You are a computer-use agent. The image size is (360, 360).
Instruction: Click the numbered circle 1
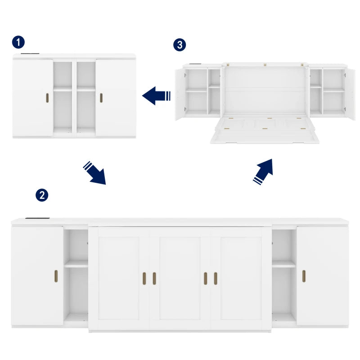click(x=18, y=43)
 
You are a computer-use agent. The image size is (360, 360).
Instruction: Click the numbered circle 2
click(x=41, y=195)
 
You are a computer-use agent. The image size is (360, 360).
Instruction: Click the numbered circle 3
click(x=180, y=45)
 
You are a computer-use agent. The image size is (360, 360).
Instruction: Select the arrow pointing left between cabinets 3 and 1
click(x=156, y=96)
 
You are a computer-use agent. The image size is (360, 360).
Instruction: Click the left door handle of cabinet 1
click(x=47, y=98)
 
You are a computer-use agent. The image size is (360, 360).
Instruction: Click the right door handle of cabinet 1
click(x=101, y=98)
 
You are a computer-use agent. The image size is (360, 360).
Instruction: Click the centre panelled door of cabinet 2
click(x=180, y=278)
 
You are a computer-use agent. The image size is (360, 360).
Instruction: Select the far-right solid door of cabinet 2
click(x=322, y=275)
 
